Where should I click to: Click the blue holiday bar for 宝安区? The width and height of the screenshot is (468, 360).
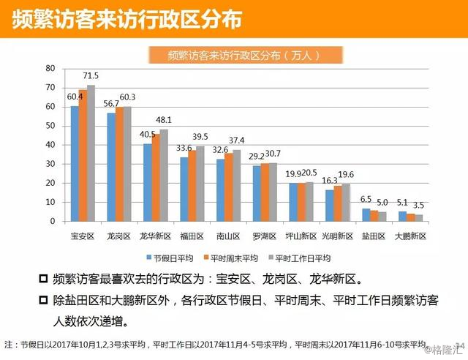[75, 163]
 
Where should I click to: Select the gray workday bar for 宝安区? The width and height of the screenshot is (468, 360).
[91, 153]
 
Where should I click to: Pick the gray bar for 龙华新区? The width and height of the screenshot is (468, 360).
[163, 175]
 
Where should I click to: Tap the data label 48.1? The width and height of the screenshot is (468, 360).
[165, 120]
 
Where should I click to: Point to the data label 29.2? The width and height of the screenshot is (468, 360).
[257, 157]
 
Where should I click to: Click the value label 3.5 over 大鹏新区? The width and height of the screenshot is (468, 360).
[419, 206]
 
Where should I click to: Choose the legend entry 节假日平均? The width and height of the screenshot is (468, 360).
[170, 258]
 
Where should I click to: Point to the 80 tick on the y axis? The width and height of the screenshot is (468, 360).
[50, 68]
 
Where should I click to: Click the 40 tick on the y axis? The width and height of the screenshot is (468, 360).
[50, 144]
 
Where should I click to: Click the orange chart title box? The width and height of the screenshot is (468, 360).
[233, 55]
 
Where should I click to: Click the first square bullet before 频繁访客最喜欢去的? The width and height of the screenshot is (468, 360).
[44, 279]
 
